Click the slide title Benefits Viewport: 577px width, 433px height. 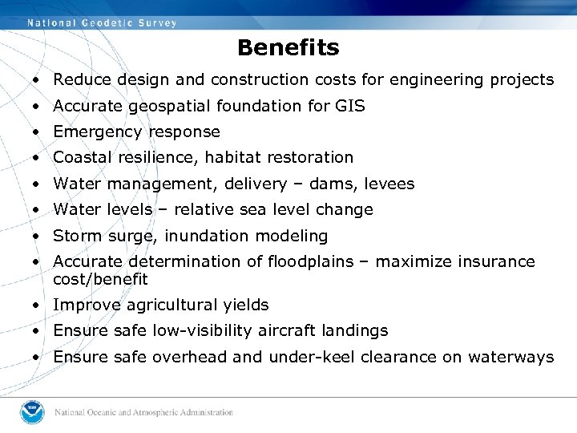[x=288, y=48]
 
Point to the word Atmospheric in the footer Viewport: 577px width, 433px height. [x=151, y=413]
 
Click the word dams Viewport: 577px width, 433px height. [x=328, y=184]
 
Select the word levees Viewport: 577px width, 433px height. [x=389, y=184]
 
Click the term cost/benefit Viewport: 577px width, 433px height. [x=100, y=279]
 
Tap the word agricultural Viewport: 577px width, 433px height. [x=168, y=306]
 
